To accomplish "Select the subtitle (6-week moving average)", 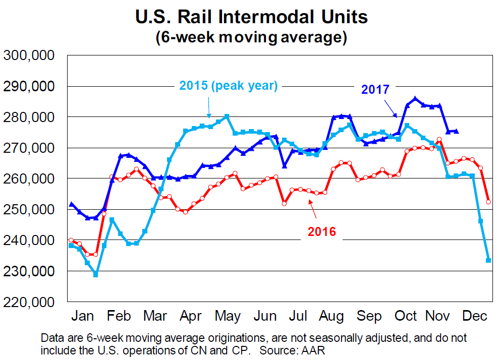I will point(251,38).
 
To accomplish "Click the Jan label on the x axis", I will point(83,316).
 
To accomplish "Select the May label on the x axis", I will point(228,316).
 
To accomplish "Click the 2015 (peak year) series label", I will point(229,86).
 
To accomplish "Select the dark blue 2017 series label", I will point(375,90).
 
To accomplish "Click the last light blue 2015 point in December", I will point(488,260).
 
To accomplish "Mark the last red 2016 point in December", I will point(488,202).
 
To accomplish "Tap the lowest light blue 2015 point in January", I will point(95,275).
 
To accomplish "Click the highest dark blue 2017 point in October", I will point(415,99).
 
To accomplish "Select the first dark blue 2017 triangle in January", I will point(71,204).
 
